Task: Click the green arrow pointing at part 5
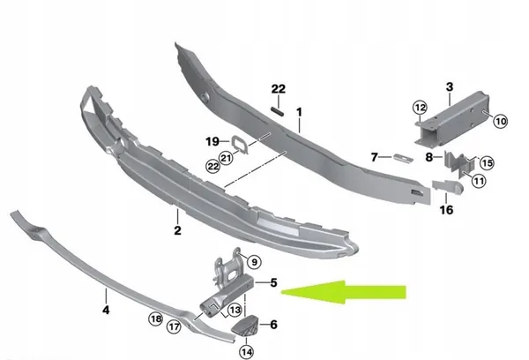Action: [x=344, y=292]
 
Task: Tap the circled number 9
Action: [x=254, y=262]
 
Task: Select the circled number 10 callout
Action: [x=500, y=121]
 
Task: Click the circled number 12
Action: [x=420, y=108]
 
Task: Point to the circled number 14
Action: [x=247, y=352]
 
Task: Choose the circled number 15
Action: [x=487, y=163]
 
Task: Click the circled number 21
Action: [x=226, y=157]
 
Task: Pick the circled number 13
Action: [x=235, y=310]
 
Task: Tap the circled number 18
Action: [x=155, y=319]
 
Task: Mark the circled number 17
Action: [x=174, y=326]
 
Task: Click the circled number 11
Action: [x=479, y=181]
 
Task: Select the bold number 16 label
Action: [x=446, y=210]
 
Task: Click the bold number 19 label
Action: [x=212, y=141]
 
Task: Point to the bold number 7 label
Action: [x=374, y=157]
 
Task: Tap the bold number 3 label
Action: [x=450, y=86]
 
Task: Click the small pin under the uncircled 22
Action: [x=278, y=111]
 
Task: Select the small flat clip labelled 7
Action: [x=403, y=158]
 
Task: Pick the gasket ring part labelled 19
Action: [x=240, y=145]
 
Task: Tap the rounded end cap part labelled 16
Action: [x=448, y=186]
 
